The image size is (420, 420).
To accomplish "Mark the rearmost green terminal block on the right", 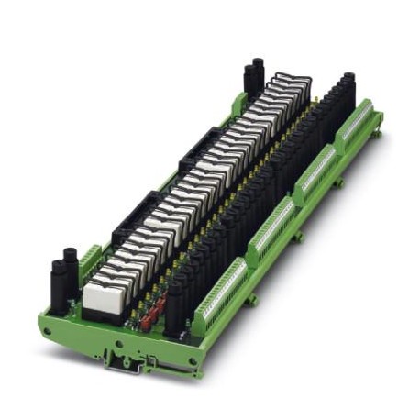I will point(358,129).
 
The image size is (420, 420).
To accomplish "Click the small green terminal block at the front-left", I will point(90,261).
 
